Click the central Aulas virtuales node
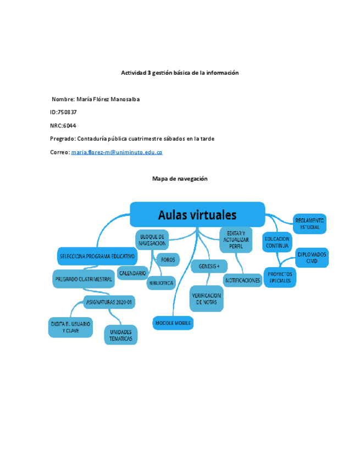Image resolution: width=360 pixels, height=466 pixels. [x=197, y=214]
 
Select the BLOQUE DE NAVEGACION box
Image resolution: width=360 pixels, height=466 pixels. [x=152, y=240]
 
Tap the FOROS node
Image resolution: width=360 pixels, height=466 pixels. [x=168, y=259]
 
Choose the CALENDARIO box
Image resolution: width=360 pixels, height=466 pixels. [x=132, y=273]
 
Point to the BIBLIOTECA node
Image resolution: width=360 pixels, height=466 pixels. [x=161, y=284]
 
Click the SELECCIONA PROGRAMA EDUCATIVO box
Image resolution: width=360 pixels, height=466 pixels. [x=97, y=256]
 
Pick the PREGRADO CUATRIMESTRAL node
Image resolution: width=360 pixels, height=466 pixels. [x=84, y=279]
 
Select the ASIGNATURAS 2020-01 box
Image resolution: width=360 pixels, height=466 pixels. [x=110, y=302]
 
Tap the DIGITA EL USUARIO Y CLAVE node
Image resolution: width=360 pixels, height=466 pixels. [x=70, y=328]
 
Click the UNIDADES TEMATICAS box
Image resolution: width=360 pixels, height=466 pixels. [x=120, y=335]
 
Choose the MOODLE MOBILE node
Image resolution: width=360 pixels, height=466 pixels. [x=173, y=323]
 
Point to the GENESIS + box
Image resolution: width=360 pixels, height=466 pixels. [x=209, y=266]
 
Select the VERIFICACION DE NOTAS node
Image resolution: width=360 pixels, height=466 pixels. [x=207, y=298]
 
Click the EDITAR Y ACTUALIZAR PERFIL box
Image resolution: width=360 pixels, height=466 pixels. [x=236, y=240]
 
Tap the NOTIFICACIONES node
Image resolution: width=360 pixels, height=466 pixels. [x=242, y=280]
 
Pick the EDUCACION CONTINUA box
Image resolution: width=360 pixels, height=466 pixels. [x=278, y=242]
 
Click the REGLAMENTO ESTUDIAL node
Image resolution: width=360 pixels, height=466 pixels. [x=309, y=223]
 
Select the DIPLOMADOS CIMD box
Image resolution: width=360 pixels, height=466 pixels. [x=312, y=257]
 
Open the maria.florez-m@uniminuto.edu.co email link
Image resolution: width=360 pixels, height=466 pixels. [x=117, y=152]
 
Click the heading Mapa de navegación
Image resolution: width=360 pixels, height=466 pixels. [x=180, y=179]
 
